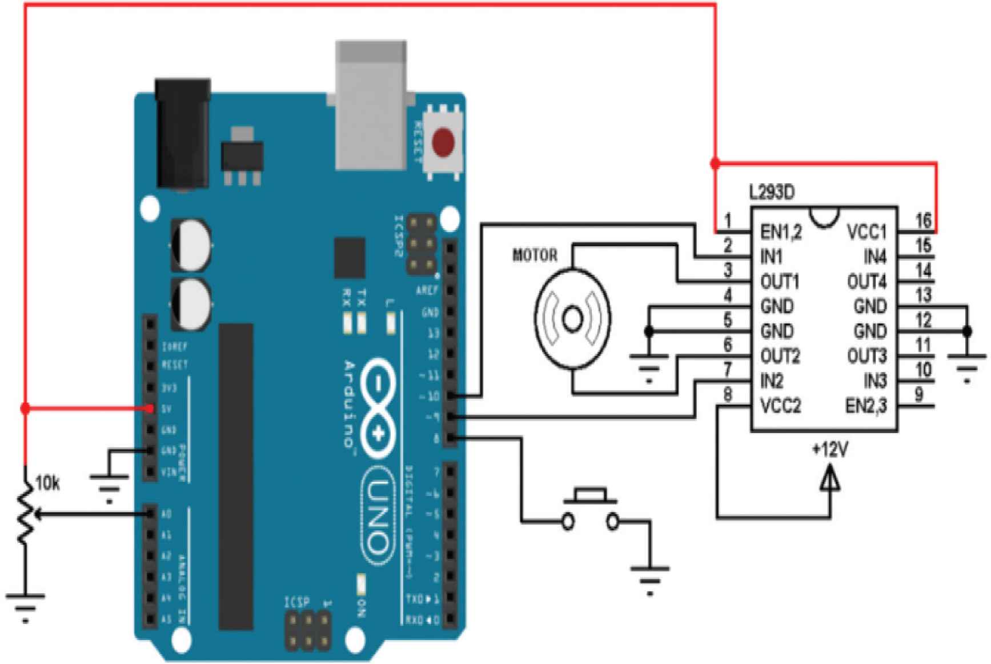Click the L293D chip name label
pos(772,193)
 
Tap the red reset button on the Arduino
pos(444,142)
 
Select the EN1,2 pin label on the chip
pos(781,233)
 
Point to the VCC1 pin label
pos(866,233)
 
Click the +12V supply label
pos(830,450)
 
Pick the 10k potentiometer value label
pos(47,483)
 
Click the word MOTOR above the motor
pos(535,255)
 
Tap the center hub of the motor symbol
pos(572,318)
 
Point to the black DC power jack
pos(183,134)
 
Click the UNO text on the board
pos(378,517)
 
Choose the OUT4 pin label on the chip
pos(866,282)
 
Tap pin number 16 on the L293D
pos(923,220)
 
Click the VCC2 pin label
pos(780,406)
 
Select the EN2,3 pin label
pos(866,406)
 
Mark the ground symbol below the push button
pos(649,578)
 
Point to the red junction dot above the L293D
pos(715,163)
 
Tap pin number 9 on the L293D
pos(918,394)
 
